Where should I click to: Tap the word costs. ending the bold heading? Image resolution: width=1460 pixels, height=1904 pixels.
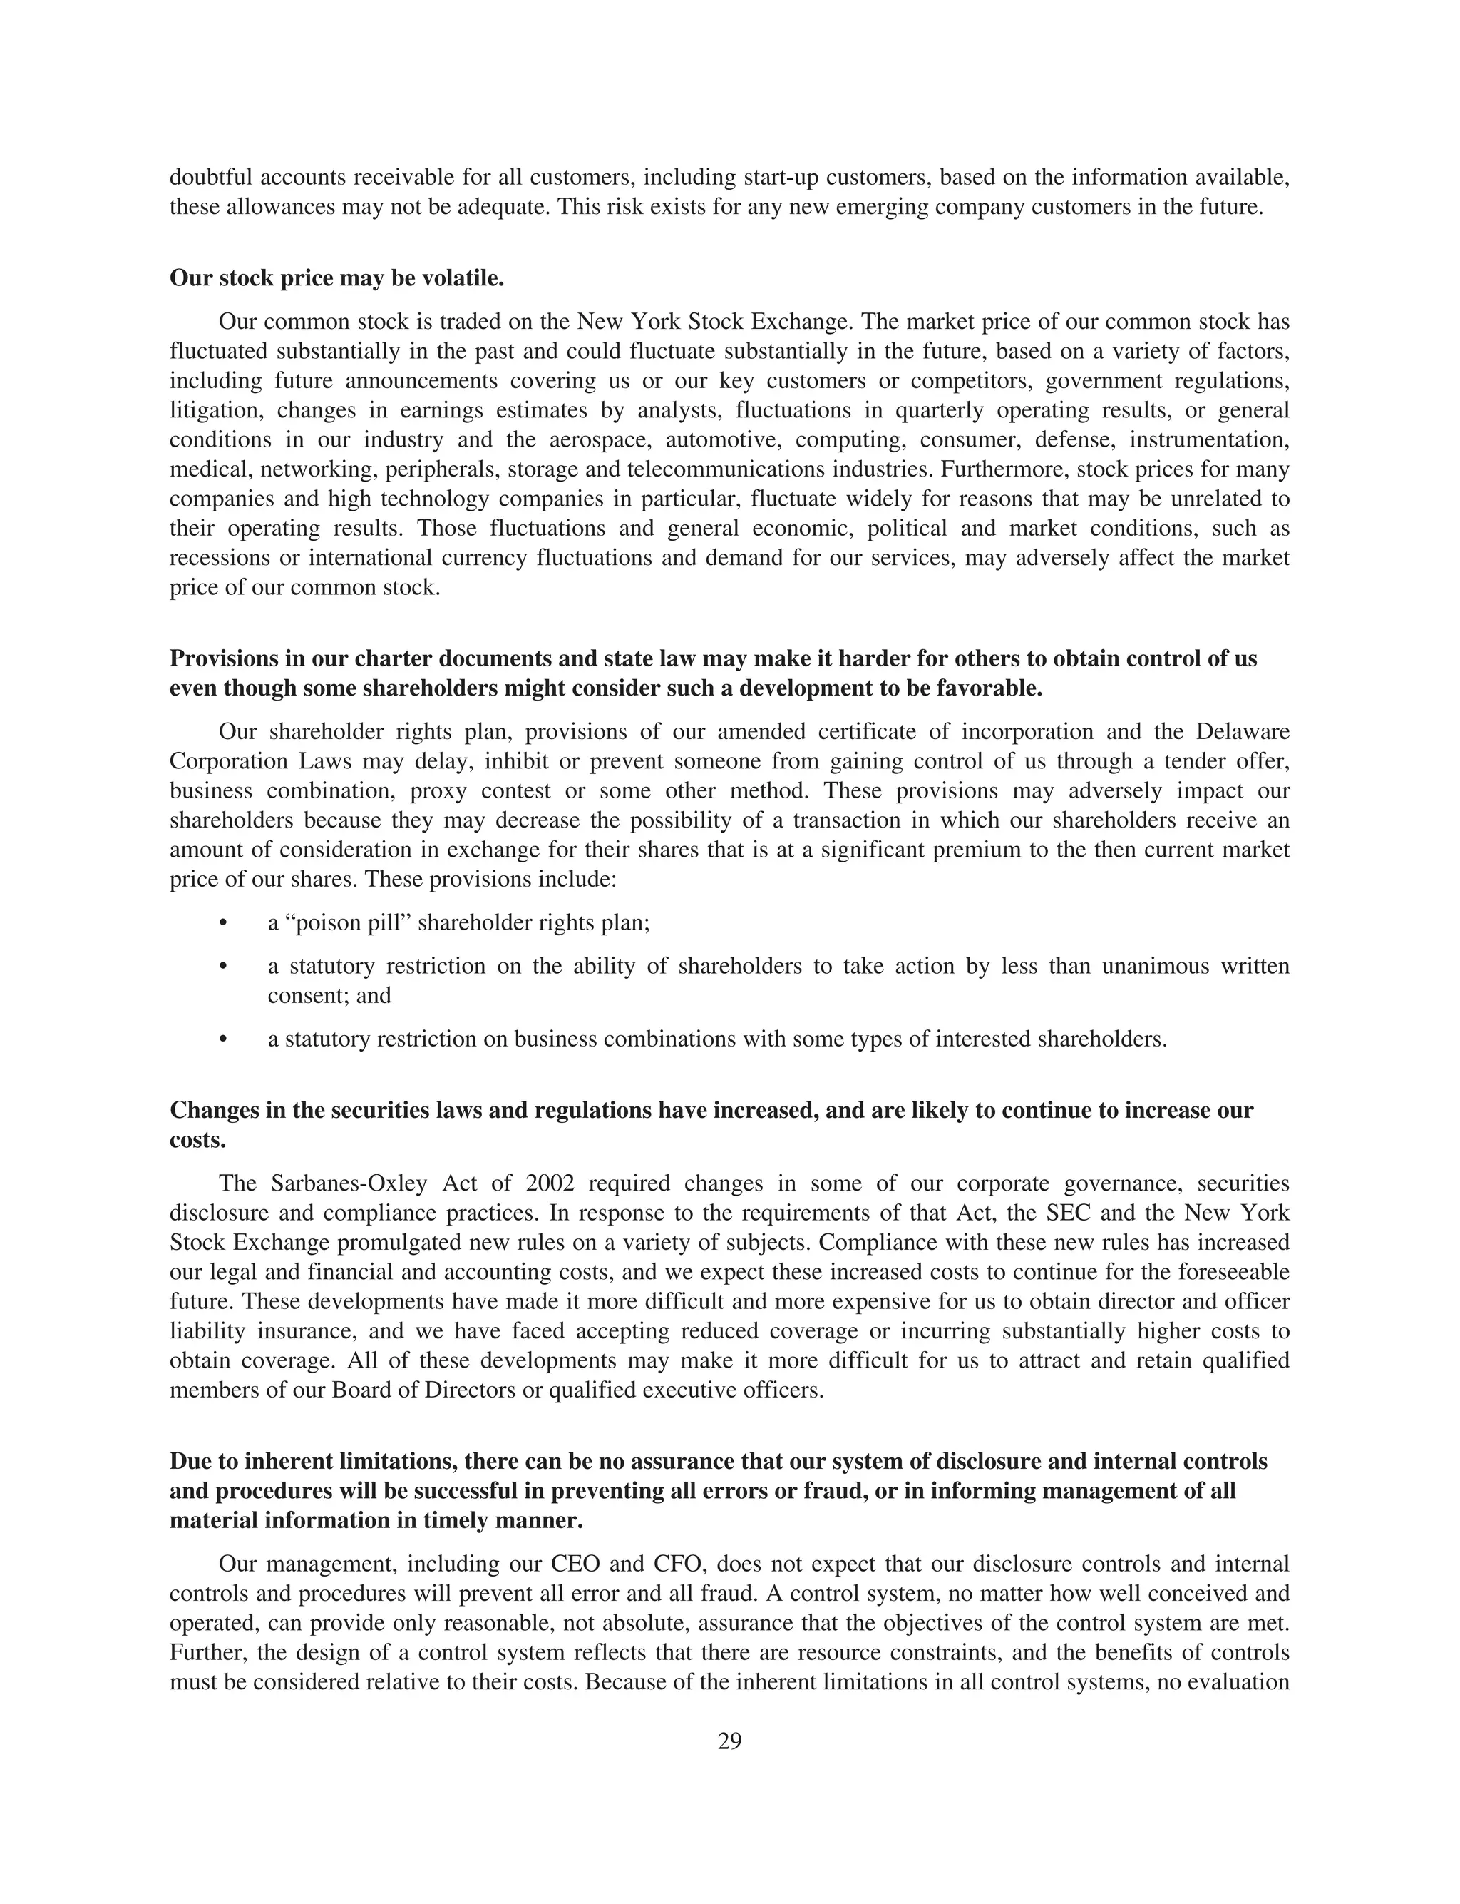[x=197, y=1140]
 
